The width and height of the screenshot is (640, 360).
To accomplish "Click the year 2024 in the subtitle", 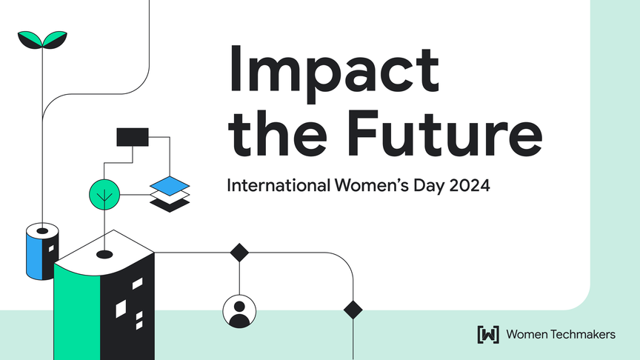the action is tap(470, 186).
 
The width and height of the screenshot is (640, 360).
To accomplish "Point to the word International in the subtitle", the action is tap(279, 186).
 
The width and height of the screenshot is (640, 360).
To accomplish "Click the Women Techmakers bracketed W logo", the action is tap(488, 335).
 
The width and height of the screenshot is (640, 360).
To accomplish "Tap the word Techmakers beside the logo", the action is tap(582, 335).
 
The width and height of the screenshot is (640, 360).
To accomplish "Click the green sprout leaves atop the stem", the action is tap(42, 39).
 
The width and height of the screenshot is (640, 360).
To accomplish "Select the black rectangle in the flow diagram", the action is tap(133, 137).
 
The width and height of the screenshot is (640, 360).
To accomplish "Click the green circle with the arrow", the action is tap(104, 195).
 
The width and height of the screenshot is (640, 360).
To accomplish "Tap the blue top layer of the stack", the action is tap(170, 186).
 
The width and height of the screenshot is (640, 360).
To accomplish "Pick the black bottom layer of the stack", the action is tap(170, 205).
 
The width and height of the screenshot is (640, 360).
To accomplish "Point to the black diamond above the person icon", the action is tap(239, 253).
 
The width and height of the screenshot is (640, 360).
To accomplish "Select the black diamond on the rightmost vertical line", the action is tap(353, 310).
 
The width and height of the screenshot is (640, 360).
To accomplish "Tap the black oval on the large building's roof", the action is tap(104, 255).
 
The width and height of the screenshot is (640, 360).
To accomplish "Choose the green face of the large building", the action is tap(77, 313).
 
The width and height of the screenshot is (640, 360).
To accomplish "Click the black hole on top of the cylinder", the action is tap(42, 231).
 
